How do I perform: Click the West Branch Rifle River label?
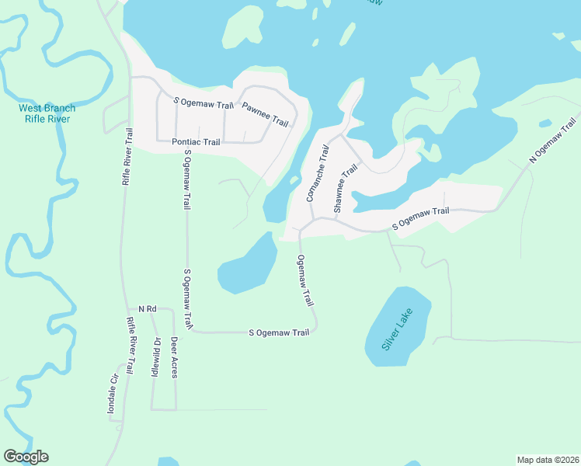click(47, 113)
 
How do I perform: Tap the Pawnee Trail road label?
click(265, 114)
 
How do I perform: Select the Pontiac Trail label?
click(196, 142)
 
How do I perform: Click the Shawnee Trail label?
click(346, 189)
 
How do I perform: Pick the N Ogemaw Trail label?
click(554, 140)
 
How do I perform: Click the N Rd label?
click(148, 309)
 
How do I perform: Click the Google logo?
click(26, 457)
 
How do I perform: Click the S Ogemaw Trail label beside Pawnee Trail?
click(203, 102)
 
